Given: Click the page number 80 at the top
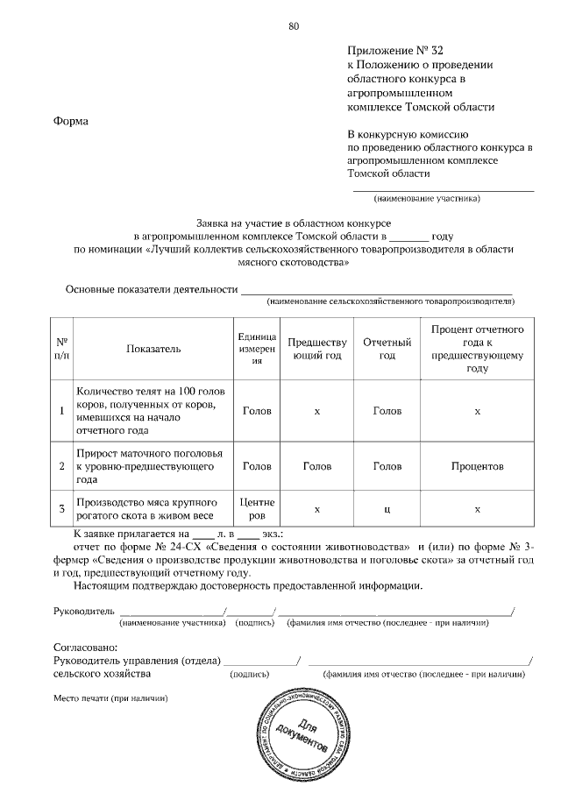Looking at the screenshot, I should (x=294, y=25).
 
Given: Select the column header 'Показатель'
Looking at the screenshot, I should (x=153, y=349).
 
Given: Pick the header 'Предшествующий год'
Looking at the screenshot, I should (x=316, y=349).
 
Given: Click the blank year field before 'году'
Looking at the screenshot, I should (x=408, y=237).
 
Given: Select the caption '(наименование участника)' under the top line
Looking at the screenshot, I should (x=427, y=198).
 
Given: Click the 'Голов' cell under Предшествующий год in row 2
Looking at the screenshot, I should (x=316, y=467).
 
